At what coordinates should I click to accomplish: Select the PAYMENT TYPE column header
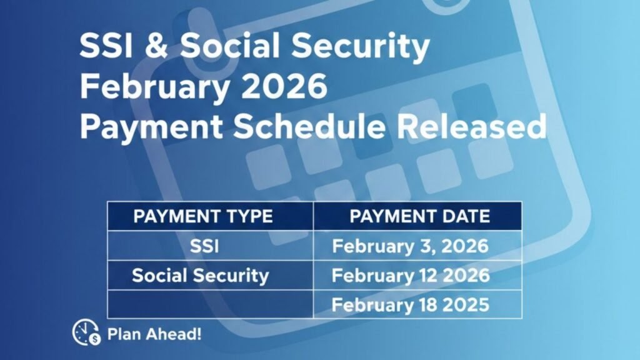[x=203, y=217]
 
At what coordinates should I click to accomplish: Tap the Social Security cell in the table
[x=200, y=276]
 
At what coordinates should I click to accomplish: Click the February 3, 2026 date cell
[x=410, y=246]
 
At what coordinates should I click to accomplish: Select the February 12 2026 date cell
[x=410, y=276]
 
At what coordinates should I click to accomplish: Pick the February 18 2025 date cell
[x=410, y=305]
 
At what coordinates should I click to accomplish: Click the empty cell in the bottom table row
[x=210, y=305]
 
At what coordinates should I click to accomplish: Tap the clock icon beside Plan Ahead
[x=86, y=332]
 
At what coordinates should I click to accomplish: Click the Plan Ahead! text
[x=154, y=333]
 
